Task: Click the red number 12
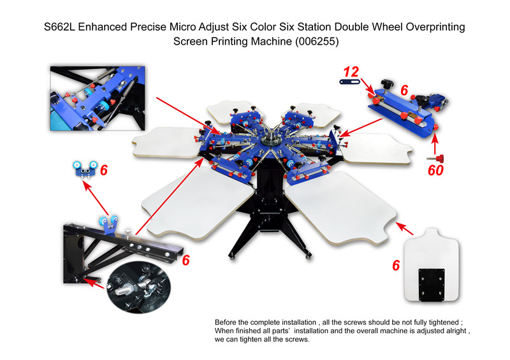point(351,71)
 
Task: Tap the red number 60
point(435,170)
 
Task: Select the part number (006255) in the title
point(317,41)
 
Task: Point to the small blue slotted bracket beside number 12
point(349,82)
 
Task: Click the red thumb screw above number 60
point(436,159)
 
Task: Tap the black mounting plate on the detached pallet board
point(432,285)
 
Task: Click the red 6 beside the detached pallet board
point(396,265)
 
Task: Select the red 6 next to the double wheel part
point(104,170)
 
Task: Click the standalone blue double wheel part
point(85,168)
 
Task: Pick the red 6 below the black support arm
point(186,260)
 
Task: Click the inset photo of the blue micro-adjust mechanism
point(98,98)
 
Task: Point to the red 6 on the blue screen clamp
point(404,90)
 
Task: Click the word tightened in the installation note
point(443,322)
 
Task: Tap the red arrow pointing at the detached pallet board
point(404,228)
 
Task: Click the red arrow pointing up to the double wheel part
point(96,198)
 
